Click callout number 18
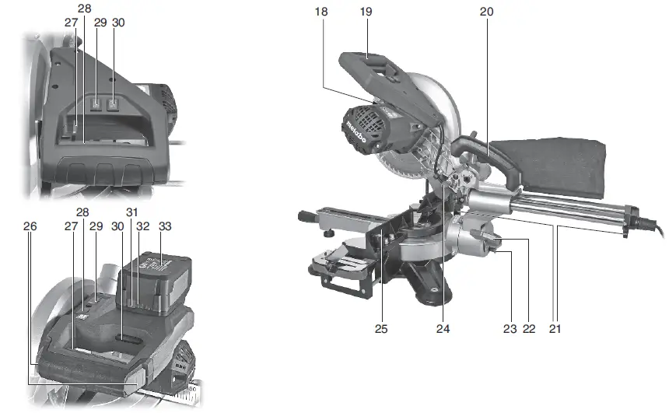(320, 12)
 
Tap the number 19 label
(366, 12)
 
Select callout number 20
(486, 12)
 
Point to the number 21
(555, 328)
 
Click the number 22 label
(529, 328)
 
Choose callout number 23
(510, 328)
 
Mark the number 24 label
(443, 328)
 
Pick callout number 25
(381, 328)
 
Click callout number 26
(30, 226)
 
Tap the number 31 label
(131, 212)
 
